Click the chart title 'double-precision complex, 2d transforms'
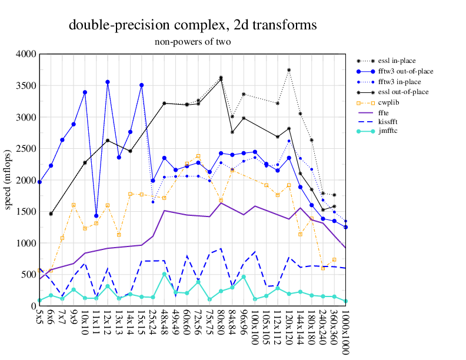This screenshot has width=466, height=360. (x=193, y=25)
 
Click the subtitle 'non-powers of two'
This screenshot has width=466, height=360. (x=192, y=42)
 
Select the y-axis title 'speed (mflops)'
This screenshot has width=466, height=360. (x=9, y=179)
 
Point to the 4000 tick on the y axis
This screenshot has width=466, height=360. (x=26, y=54)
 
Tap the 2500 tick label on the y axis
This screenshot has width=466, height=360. (x=26, y=149)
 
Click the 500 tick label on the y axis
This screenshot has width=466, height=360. (x=28, y=275)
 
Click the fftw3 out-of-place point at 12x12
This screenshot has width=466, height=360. (x=108, y=82)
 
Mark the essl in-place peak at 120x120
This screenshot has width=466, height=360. (x=289, y=70)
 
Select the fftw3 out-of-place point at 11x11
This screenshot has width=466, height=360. (x=96, y=215)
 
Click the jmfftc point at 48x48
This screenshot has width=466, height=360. (x=164, y=274)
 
